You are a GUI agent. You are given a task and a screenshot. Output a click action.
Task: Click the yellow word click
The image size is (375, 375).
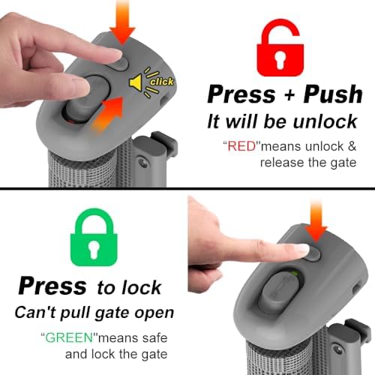coord(162,82)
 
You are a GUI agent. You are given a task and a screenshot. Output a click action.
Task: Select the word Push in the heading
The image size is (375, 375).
coord(333,94)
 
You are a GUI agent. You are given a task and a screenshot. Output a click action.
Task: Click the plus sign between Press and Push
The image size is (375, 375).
coord(289,95)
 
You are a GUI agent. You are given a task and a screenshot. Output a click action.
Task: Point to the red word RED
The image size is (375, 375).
coord(242,146)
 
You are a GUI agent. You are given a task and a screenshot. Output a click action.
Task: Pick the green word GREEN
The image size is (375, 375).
coord(69,337)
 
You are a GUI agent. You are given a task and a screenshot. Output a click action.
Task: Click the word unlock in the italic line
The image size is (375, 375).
coord(325,121)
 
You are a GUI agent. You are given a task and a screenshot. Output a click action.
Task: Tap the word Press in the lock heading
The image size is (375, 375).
coord(52,286)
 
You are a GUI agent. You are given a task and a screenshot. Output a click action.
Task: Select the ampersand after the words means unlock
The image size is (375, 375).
coord(352,146)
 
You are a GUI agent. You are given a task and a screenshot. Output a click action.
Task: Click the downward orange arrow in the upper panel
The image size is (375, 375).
coord(122,22)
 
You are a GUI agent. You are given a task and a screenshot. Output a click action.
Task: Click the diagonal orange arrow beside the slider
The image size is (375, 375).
coord(108,115)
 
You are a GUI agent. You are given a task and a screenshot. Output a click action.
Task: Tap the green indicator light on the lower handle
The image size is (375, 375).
coord(295,273)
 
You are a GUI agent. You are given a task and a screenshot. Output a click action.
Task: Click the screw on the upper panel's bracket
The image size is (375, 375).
coord(143,163)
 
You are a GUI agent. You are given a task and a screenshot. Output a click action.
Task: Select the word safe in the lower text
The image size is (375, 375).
coord(154,338)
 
